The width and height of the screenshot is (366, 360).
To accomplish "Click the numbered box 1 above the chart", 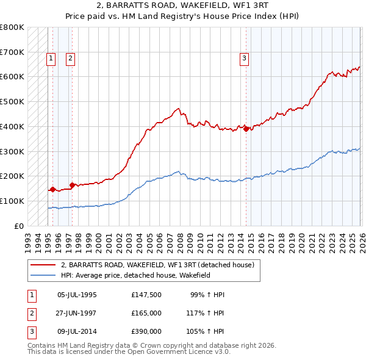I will point(51,59).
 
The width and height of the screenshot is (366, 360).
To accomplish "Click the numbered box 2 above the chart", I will point(71,59).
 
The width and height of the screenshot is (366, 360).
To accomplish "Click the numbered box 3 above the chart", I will point(244,59).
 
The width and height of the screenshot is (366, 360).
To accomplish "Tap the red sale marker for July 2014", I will point(246,129).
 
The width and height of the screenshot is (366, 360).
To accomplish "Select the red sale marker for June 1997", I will point(73,184).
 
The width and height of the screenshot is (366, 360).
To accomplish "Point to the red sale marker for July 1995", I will point(52,189).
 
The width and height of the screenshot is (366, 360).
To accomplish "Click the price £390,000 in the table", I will point(146,331).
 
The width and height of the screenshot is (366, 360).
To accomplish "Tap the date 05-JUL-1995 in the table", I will point(77,295).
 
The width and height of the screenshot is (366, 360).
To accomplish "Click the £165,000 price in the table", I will point(146,313).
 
